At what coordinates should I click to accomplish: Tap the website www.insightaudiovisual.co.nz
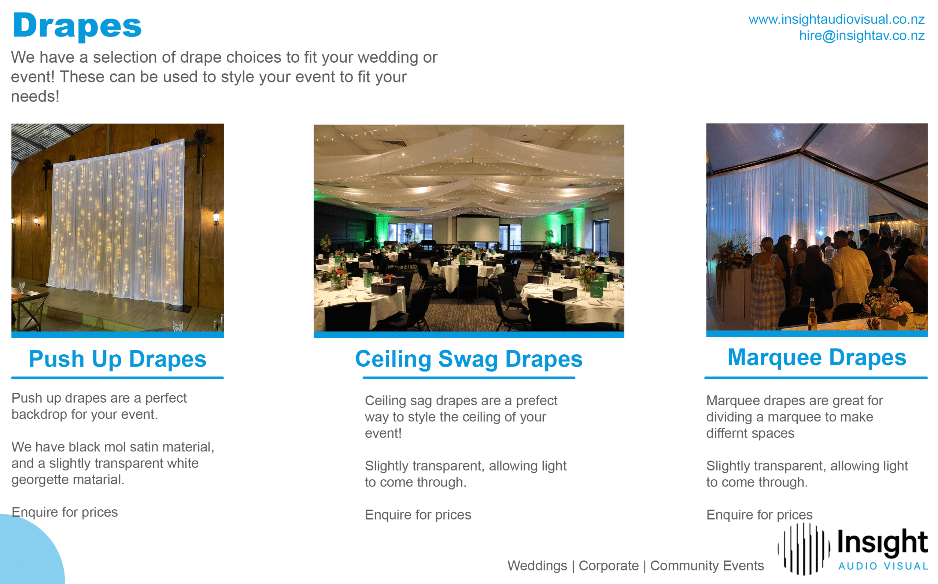pos(836,19)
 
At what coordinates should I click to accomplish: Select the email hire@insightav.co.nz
pos(861,36)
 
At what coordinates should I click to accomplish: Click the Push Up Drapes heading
pos(117,359)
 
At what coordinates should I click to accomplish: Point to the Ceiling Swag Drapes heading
pos(468,359)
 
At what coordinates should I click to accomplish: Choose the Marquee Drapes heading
pos(816,357)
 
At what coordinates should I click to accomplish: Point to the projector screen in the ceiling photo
pos(477,229)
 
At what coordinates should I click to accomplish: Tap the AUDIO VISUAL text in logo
pos(883,566)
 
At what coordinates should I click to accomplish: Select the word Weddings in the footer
pos(537,566)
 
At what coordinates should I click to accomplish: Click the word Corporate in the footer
pos(609,566)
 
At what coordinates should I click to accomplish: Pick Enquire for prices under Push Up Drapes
pos(64,512)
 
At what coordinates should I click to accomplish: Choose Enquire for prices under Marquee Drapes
pos(759,515)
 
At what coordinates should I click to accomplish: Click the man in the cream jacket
pos(850,270)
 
